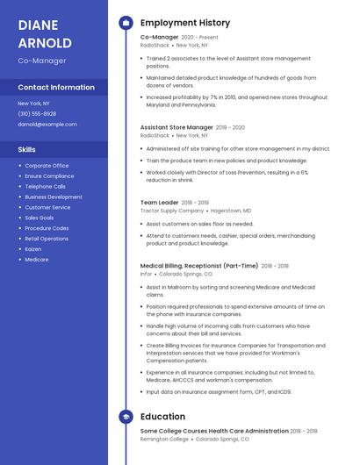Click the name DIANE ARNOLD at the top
[x=45, y=33]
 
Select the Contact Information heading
[x=56, y=88]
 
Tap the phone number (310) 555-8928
[x=37, y=114]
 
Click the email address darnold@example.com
[x=47, y=125]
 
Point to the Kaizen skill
[x=34, y=249]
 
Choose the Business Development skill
[x=54, y=197]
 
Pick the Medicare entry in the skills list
[x=37, y=260]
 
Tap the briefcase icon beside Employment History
[x=126, y=23]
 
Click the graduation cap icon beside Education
[x=126, y=417]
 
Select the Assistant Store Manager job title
[x=176, y=127]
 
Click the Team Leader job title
[x=160, y=202]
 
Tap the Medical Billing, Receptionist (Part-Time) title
[x=199, y=265]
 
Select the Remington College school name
[x=162, y=439]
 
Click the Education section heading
[x=162, y=417]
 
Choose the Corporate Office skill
[x=47, y=166]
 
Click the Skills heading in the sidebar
[x=27, y=149]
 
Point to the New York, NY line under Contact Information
[x=34, y=104]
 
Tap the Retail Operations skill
[x=47, y=239]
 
